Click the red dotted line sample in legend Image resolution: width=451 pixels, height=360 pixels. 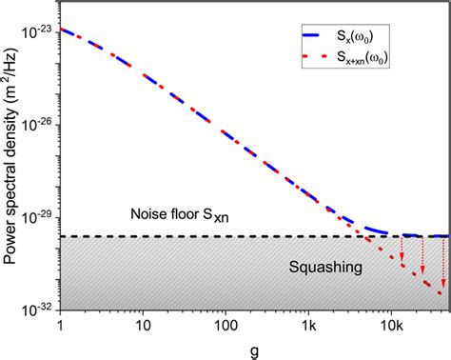319,61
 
